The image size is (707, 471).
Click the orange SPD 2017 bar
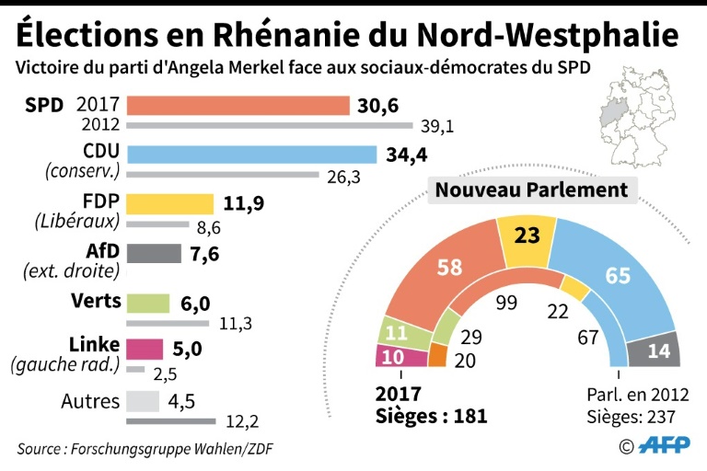(238, 105)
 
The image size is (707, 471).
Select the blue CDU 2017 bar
(251, 154)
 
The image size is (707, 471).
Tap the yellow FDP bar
(169, 203)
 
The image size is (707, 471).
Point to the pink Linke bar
(144, 350)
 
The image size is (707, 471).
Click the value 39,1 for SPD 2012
(436, 126)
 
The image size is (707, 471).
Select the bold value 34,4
(407, 154)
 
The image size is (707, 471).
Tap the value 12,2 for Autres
(244, 422)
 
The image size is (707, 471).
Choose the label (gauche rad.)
(66, 364)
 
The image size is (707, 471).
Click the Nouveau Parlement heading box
(531, 190)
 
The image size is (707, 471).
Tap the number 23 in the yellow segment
(527, 235)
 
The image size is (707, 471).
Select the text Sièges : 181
(432, 416)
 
